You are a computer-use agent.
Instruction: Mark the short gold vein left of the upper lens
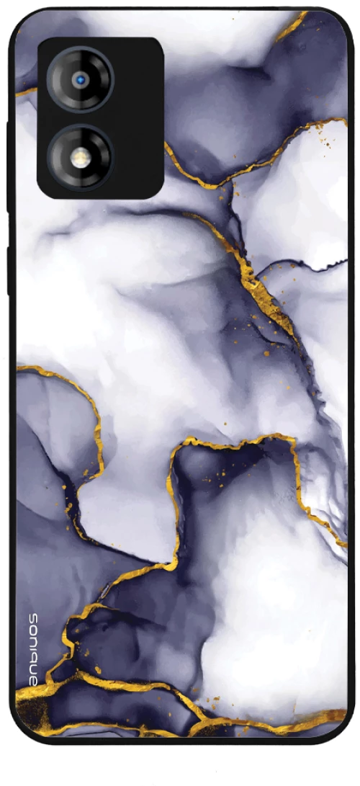click(x=25, y=91)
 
